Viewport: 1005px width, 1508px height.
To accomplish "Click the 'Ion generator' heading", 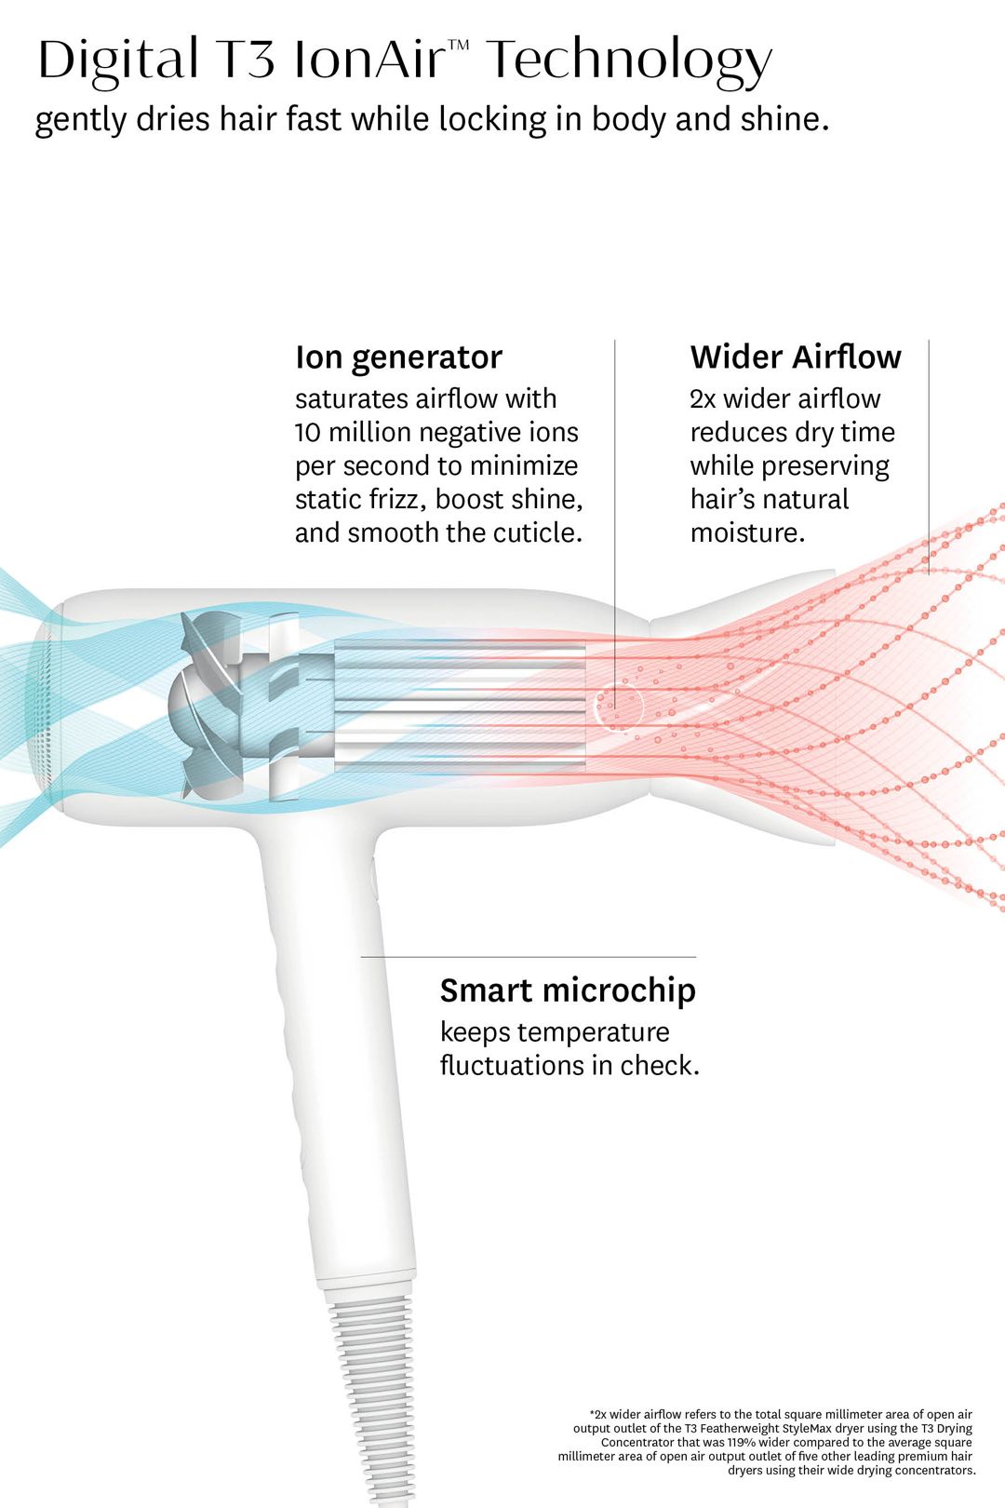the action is (x=398, y=358).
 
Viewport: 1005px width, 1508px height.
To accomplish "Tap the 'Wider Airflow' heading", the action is (x=796, y=357).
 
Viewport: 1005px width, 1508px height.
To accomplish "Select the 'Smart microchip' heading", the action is (x=569, y=991).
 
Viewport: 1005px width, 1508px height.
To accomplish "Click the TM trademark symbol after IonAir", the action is (x=459, y=45).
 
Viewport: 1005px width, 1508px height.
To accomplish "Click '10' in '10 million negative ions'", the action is (x=307, y=433).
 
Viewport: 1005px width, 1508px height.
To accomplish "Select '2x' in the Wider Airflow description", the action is (x=703, y=399).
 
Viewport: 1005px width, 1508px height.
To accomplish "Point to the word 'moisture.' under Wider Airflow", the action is (x=748, y=533).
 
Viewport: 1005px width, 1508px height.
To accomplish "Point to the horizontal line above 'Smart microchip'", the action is (x=529, y=957).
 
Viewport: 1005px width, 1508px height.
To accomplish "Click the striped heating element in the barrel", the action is (x=460, y=706).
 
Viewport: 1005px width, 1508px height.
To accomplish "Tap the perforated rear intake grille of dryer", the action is (x=45, y=706).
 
